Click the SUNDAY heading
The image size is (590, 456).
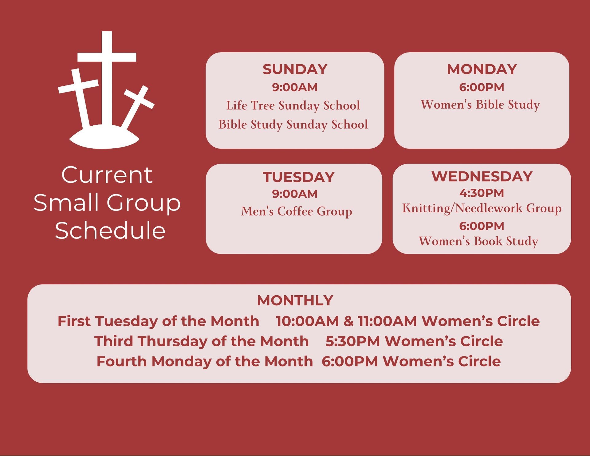(295, 69)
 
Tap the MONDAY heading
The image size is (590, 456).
(482, 69)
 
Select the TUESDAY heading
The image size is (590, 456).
(298, 177)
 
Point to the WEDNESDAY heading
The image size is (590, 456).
(482, 176)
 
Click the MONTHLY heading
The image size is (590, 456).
(295, 301)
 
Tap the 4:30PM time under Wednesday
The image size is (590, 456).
(482, 193)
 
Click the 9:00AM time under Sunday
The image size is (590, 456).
(295, 87)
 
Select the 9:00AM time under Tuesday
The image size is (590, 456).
(295, 194)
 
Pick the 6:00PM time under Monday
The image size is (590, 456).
(482, 87)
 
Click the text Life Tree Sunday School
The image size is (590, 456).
(293, 106)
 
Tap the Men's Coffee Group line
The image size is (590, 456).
(297, 212)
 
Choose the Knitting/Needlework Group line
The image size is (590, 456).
(482, 208)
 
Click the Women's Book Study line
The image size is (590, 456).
(478, 241)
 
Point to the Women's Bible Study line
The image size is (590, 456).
(480, 105)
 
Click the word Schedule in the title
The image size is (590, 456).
(110, 230)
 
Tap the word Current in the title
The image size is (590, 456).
(107, 175)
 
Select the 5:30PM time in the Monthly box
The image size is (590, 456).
(353, 341)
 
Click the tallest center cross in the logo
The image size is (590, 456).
(107, 80)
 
